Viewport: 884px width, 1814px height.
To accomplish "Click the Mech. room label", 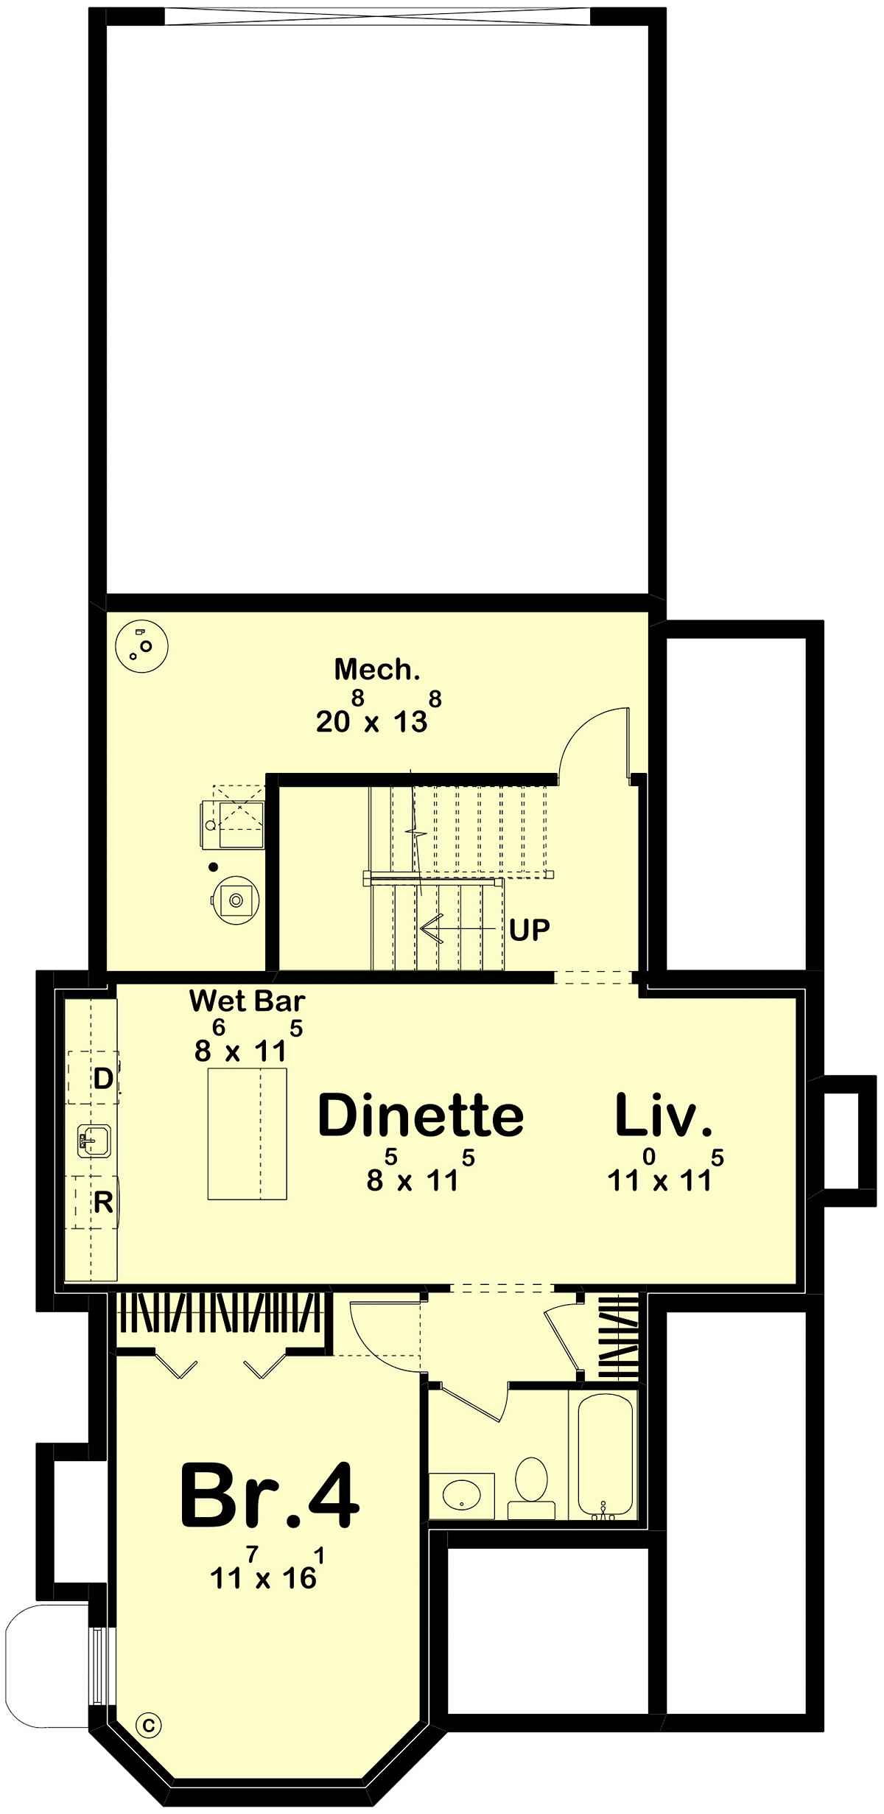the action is pyautogui.click(x=377, y=669).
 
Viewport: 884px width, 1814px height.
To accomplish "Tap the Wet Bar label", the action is pyautogui.click(x=248, y=1001).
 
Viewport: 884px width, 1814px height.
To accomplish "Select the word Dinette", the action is pyautogui.click(x=421, y=1115).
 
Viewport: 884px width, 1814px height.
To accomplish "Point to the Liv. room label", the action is pyautogui.click(x=664, y=1115).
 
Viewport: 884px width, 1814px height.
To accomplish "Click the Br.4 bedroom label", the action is pyautogui.click(x=270, y=1496).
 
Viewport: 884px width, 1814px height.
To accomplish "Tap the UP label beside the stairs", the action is pyautogui.click(x=530, y=930).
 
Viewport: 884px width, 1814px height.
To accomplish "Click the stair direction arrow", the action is pyautogui.click(x=457, y=928).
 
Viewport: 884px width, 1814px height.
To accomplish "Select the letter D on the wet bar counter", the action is pyautogui.click(x=103, y=1079).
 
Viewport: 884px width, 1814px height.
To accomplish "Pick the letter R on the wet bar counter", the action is pyautogui.click(x=103, y=1202).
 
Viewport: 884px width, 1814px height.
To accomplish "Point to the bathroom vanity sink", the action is pyautogui.click(x=462, y=1496).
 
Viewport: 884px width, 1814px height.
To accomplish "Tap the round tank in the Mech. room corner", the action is pyautogui.click(x=142, y=646).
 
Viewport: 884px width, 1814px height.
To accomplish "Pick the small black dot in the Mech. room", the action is pyautogui.click(x=213, y=867).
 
